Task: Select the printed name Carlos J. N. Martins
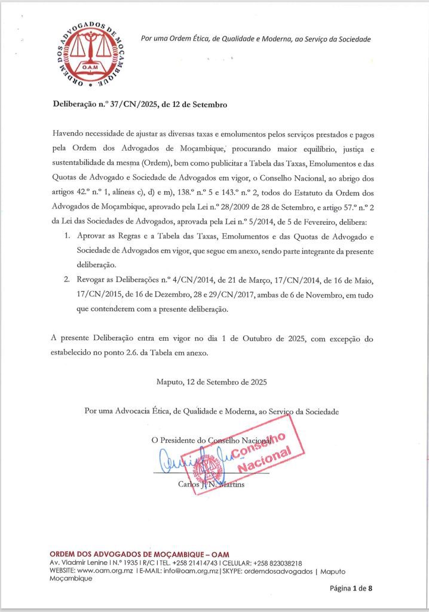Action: point(211,484)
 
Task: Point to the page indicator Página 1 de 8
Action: point(351,589)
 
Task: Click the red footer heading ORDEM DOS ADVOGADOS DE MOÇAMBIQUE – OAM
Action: point(140,554)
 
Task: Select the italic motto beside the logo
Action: point(256,39)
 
